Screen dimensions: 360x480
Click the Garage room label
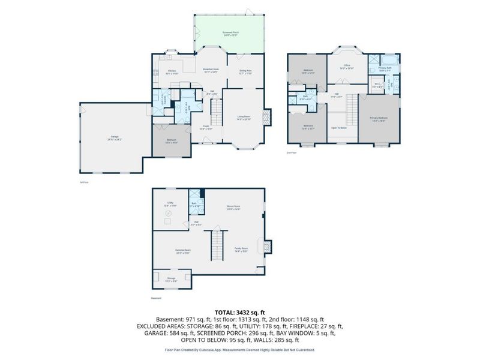click(x=110, y=138)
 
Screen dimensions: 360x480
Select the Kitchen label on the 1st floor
click(x=172, y=71)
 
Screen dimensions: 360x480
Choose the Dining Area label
click(x=245, y=71)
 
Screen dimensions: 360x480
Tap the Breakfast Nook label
click(x=209, y=70)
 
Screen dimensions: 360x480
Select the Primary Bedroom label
click(x=378, y=118)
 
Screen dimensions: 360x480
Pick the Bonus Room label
click(x=233, y=208)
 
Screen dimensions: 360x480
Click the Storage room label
click(x=171, y=278)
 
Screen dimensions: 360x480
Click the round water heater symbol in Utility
click(x=168, y=214)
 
